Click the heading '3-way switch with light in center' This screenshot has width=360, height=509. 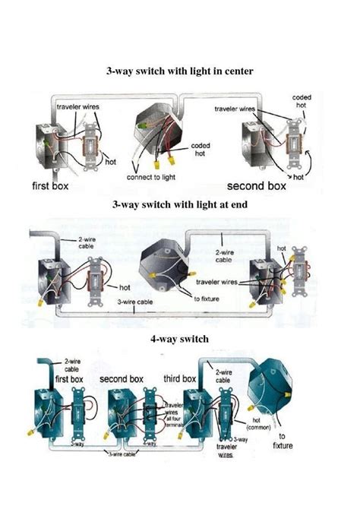point(179,71)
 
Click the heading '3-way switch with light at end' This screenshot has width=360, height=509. point(179,204)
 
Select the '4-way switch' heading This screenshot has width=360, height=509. point(179,339)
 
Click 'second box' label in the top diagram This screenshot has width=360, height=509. point(257,185)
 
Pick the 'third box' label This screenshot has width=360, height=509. point(179,378)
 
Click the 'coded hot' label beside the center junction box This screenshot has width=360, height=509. point(201,149)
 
